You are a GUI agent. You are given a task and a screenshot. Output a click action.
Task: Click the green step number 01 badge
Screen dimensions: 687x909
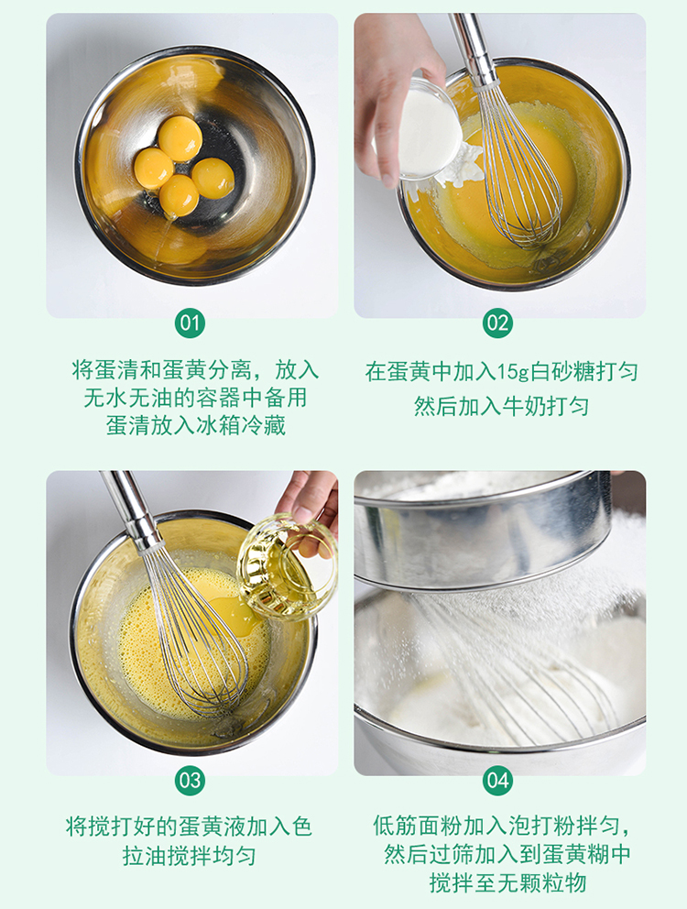pos(191,323)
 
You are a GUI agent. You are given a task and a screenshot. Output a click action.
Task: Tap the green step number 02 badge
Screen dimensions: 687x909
pos(498,323)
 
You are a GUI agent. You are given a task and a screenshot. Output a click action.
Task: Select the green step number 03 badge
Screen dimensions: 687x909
pos(191,781)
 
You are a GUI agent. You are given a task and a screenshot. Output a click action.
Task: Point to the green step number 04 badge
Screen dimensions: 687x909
pos(498,781)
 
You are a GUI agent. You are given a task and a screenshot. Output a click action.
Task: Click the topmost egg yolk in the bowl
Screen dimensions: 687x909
pos(180,138)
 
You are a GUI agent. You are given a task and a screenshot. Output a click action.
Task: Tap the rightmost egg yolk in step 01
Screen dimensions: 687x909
pos(213,179)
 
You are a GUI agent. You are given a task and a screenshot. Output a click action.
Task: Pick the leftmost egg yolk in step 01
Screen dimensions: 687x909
pos(154,168)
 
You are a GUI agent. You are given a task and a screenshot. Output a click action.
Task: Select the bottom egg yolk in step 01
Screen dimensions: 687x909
pos(180,196)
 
